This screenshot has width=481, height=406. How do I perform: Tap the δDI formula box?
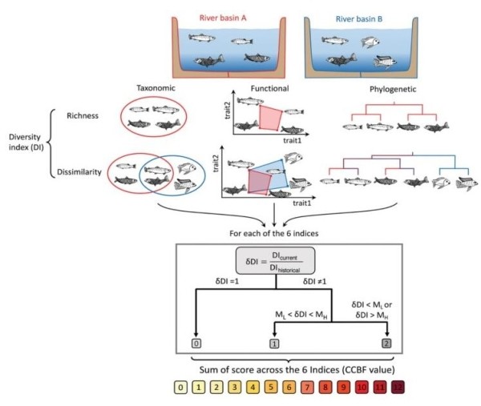[275, 262]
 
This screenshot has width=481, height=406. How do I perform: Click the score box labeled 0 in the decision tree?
[195, 344]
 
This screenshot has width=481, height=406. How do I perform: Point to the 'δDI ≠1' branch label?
[318, 283]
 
